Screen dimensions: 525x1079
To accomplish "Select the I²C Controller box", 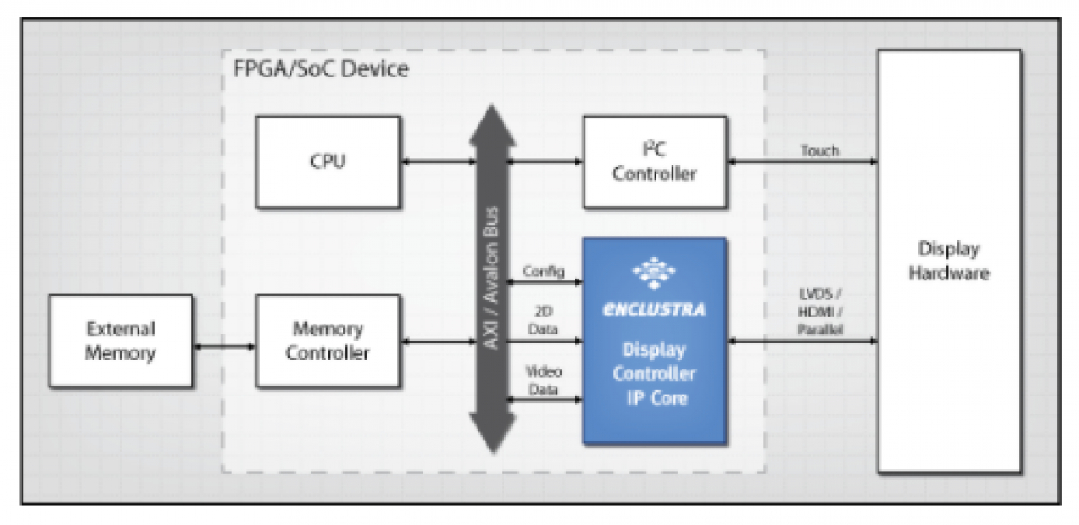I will (654, 162).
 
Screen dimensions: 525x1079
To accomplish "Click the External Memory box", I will (120, 341).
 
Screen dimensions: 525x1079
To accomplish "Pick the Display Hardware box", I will (949, 261).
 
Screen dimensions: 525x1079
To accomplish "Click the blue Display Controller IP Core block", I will (654, 373).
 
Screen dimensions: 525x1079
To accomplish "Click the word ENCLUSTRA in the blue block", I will (654, 309).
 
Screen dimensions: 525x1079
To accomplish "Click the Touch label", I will (819, 150).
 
